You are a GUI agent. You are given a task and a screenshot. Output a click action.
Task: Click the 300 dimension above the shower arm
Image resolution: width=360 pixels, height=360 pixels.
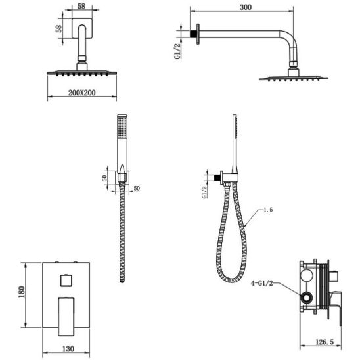click(246, 7)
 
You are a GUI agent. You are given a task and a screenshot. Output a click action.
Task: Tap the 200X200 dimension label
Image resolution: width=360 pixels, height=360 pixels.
click(81, 93)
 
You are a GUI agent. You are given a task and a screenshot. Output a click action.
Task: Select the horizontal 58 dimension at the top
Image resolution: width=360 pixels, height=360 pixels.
click(81, 6)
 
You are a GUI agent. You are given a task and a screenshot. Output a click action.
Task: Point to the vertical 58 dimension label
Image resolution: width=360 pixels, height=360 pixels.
click(58, 28)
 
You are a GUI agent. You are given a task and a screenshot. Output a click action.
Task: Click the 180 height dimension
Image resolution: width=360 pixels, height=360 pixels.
click(22, 292)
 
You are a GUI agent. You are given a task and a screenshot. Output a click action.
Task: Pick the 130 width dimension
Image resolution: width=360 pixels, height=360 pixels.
click(68, 349)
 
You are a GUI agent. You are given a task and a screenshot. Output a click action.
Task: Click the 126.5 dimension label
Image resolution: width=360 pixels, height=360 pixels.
click(325, 342)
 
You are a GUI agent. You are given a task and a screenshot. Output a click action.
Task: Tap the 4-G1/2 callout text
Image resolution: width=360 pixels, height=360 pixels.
click(262, 283)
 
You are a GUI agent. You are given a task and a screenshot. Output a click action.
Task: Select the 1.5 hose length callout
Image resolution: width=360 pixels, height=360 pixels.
click(268, 210)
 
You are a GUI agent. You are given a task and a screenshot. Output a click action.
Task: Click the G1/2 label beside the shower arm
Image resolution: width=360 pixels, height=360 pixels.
click(177, 51)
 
